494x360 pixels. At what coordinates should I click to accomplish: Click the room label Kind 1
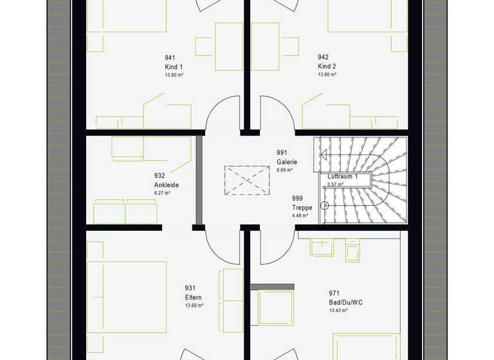pyautogui.click(x=174, y=66)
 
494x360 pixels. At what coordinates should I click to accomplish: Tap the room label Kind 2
pyautogui.click(x=327, y=66)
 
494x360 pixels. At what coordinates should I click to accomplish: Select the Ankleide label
pyautogui.click(x=166, y=184)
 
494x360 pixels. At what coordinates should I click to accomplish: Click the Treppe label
pyautogui.click(x=302, y=208)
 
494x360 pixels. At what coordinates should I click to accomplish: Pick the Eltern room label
pyautogui.click(x=193, y=297)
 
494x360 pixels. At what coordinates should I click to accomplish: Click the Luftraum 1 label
pyautogui.click(x=342, y=176)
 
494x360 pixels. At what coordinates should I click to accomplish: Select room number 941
pyautogui.click(x=170, y=57)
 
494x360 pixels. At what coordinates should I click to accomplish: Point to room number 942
pyautogui.click(x=323, y=57)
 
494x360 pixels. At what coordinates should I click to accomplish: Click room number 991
pyautogui.click(x=281, y=153)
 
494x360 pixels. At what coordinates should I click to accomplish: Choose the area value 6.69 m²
pyautogui.click(x=285, y=170)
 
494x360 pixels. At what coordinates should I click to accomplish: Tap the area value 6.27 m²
pyautogui.click(x=162, y=193)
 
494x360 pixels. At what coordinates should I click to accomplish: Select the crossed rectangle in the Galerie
pyautogui.click(x=247, y=179)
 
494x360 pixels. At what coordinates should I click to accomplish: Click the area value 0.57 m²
pyautogui.click(x=336, y=184)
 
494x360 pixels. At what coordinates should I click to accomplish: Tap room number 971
pyautogui.click(x=333, y=292)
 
